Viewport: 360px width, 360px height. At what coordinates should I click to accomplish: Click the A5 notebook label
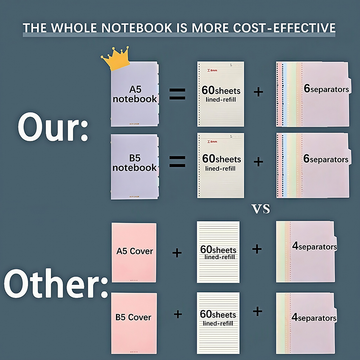[x=135, y=94]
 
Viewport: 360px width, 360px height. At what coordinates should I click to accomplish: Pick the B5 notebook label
[x=135, y=163]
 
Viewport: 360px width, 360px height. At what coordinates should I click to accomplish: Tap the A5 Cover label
[x=135, y=251]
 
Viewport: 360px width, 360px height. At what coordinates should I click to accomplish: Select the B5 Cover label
[x=133, y=317]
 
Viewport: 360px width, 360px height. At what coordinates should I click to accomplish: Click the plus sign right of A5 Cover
[x=177, y=253]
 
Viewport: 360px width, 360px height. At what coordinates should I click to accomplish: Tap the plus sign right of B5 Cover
[x=178, y=314]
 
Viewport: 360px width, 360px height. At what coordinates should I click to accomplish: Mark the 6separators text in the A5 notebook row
[x=326, y=89]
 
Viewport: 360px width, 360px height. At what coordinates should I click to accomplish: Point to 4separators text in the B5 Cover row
[x=314, y=318]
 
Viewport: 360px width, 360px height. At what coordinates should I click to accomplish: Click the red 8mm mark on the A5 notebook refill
[x=211, y=70]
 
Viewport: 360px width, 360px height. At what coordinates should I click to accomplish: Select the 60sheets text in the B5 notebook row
[x=221, y=159]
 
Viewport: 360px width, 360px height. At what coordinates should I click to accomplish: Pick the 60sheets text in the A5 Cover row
[x=218, y=249]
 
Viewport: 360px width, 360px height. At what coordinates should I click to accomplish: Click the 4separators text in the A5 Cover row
[x=315, y=247]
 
